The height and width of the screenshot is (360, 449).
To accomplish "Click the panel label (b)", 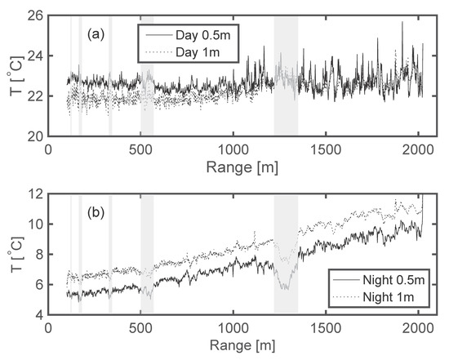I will pyautogui.click(x=96, y=217).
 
